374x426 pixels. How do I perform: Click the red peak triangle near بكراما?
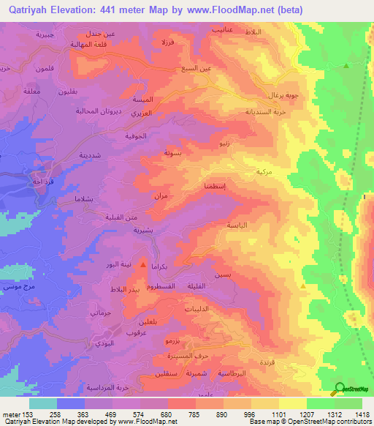[x=143, y=264]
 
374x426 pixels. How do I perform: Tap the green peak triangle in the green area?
[x=346, y=65]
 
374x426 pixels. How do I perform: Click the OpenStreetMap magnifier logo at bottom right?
[x=340, y=389]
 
